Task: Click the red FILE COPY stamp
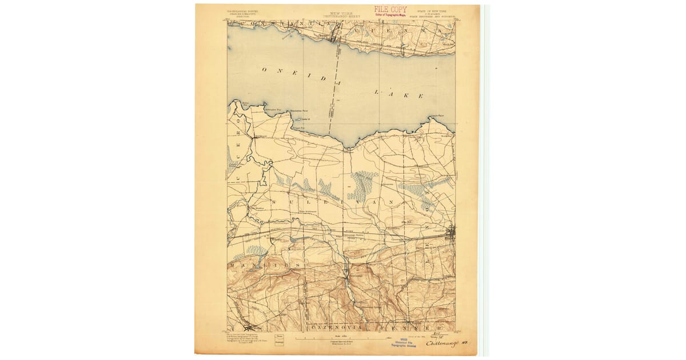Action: [390, 9]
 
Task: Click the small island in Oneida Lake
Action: [299, 119]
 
